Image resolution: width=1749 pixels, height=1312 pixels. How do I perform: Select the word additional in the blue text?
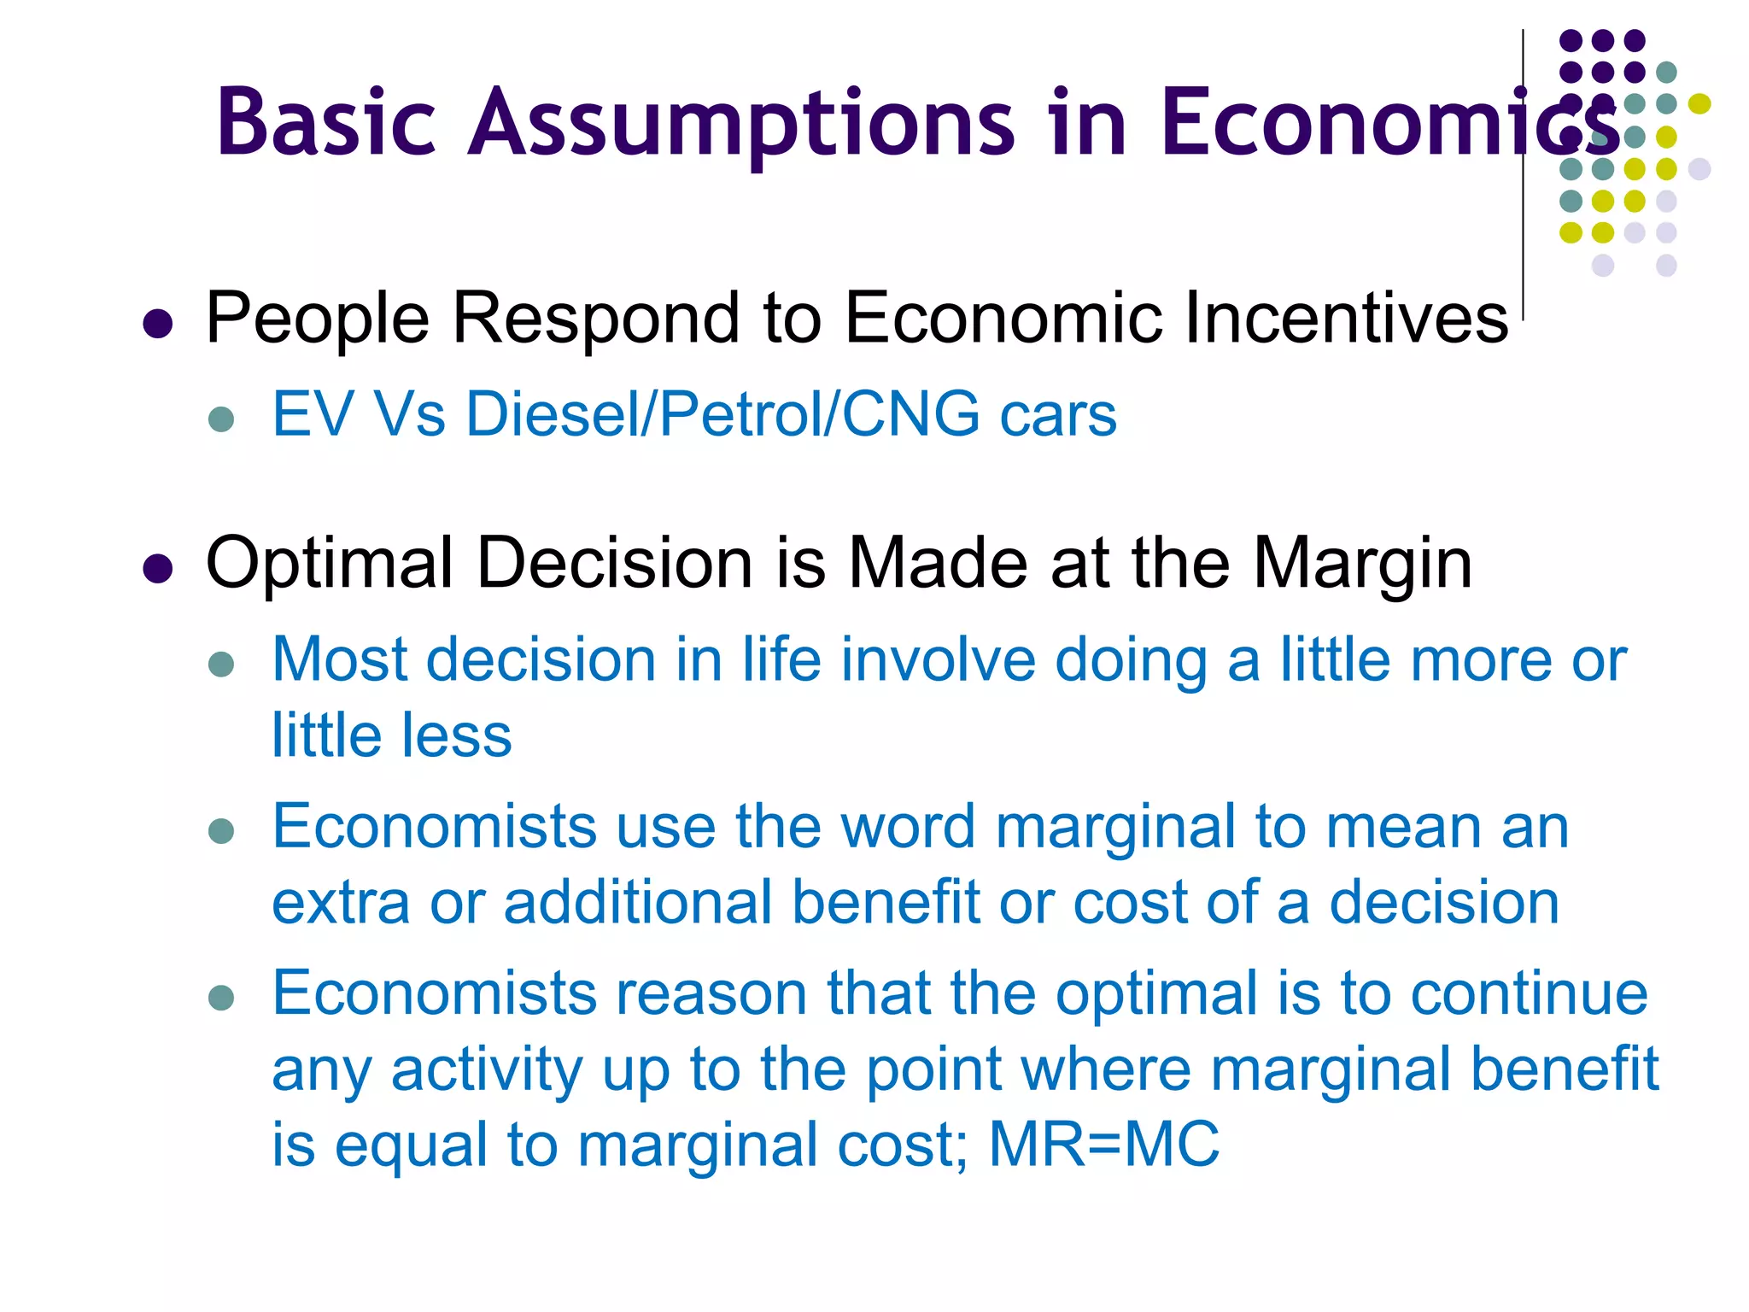pyautogui.click(x=637, y=902)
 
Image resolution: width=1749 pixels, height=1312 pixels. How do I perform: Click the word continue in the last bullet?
pyautogui.click(x=1529, y=993)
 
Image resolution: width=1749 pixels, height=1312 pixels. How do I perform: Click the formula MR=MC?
pyautogui.click(x=1103, y=1145)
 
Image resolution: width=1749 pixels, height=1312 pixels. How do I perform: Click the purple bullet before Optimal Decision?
pyautogui.click(x=158, y=568)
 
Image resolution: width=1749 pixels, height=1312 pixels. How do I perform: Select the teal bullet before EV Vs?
pyautogui.click(x=221, y=419)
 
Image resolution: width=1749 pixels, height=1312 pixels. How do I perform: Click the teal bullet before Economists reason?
pyautogui.click(x=221, y=997)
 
